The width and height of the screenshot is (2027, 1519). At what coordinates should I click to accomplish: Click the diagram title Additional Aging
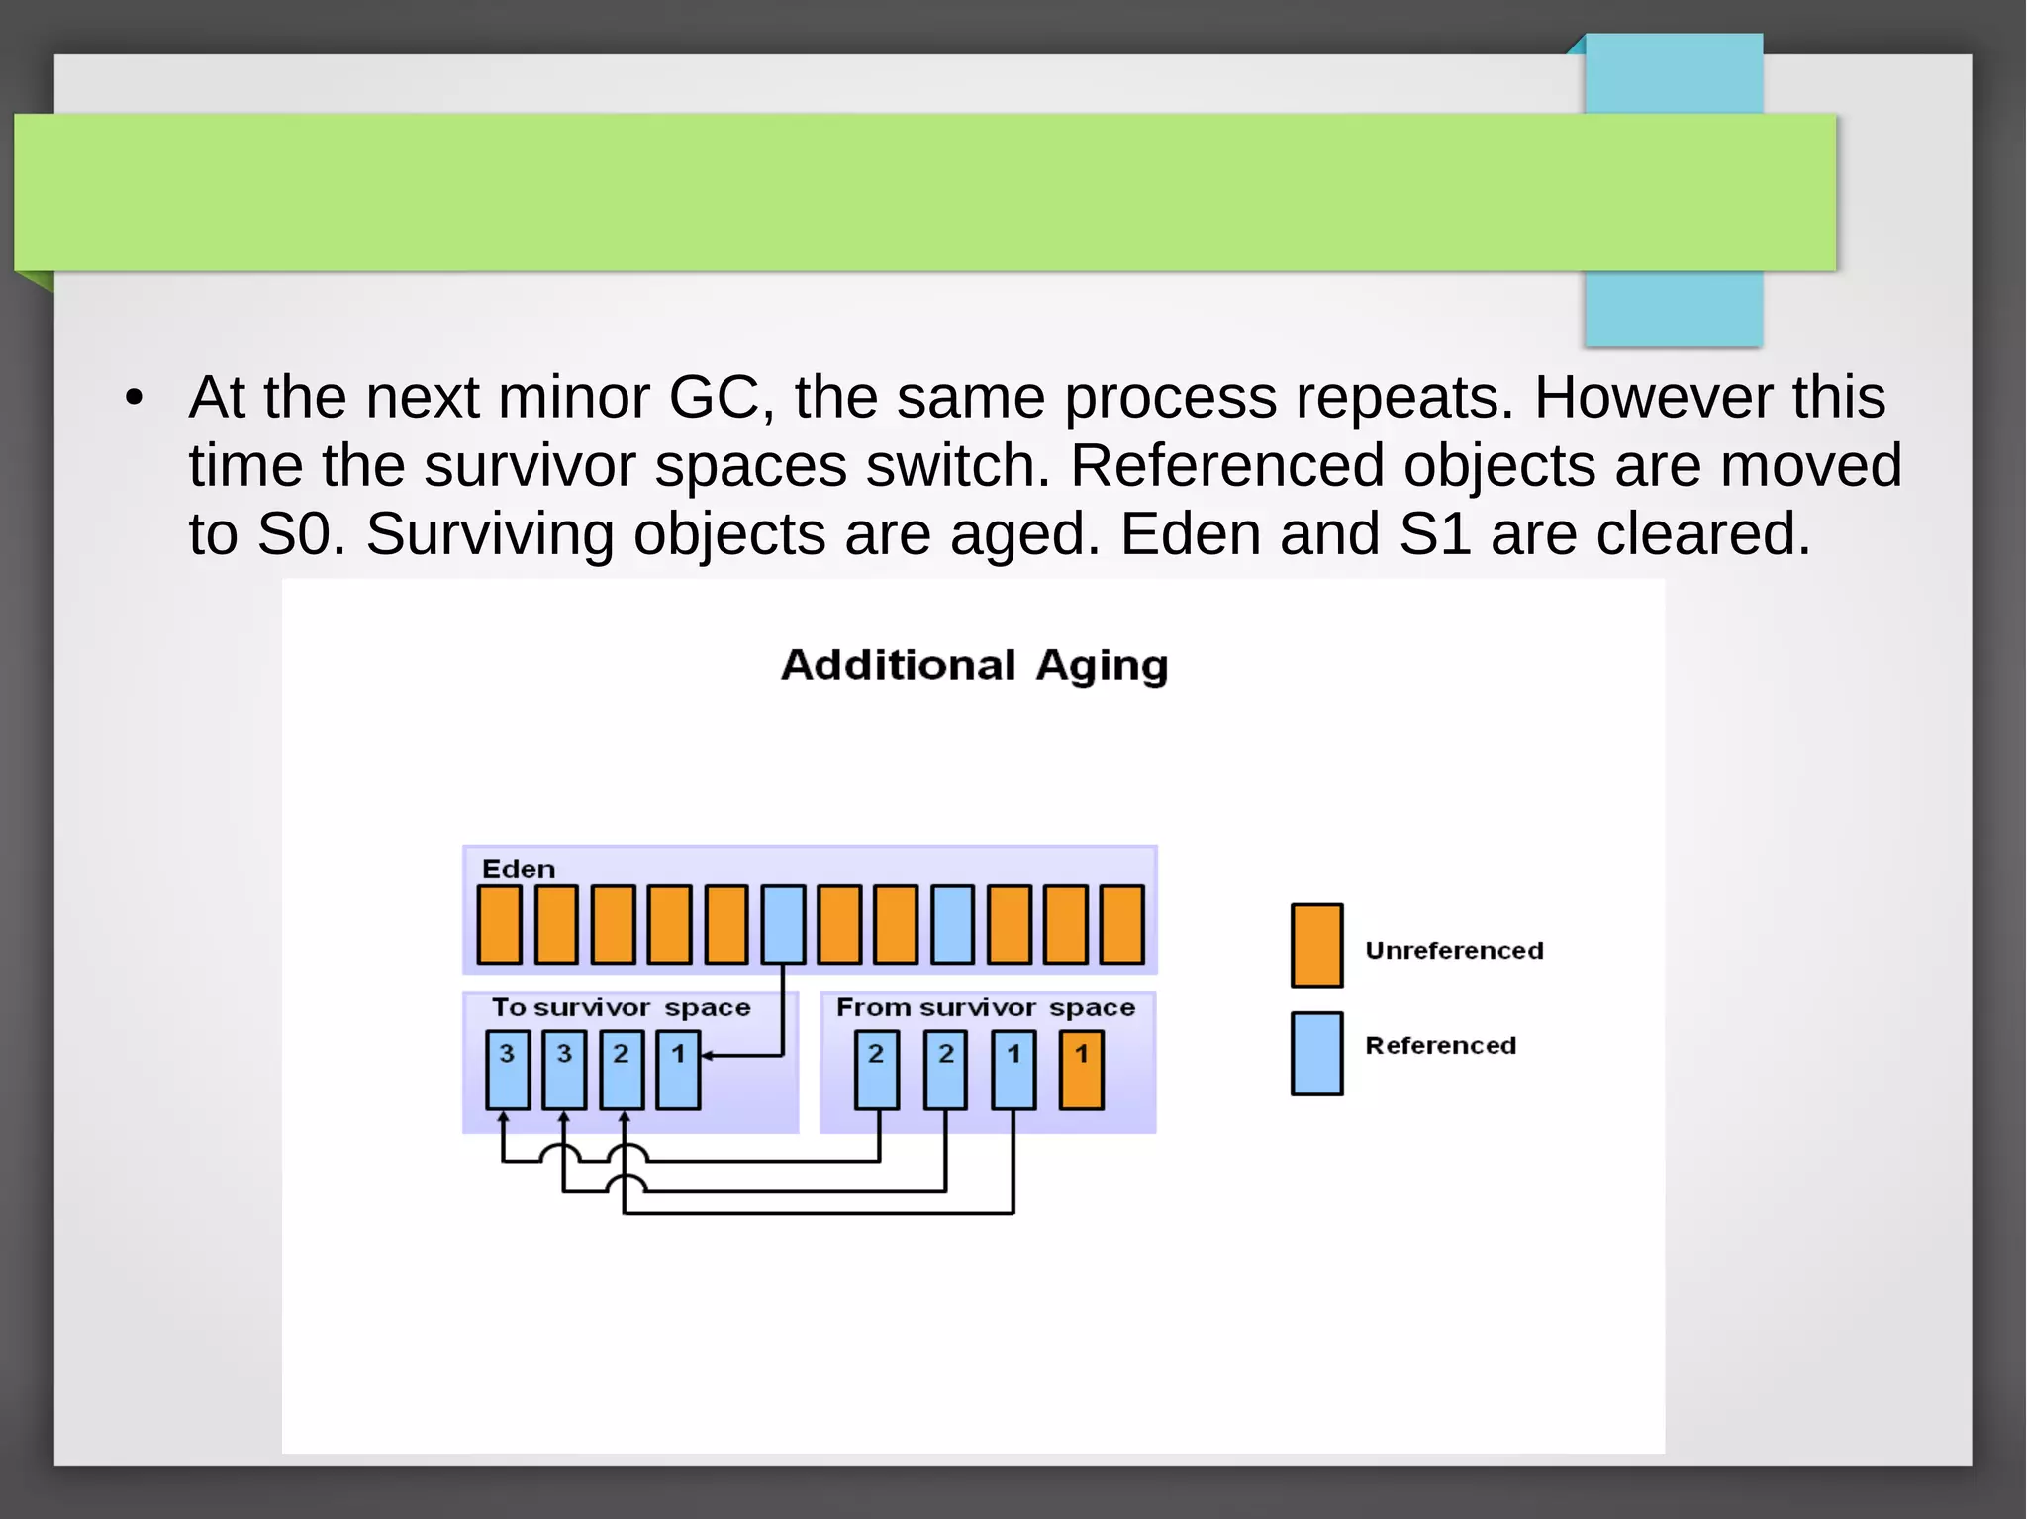[974, 665]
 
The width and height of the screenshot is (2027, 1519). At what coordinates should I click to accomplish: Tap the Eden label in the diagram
[518, 869]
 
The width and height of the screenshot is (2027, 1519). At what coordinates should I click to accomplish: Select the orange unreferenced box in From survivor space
[1081, 1070]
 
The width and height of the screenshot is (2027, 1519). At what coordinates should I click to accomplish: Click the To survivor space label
[621, 1007]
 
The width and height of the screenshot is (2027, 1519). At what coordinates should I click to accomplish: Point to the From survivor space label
[985, 1007]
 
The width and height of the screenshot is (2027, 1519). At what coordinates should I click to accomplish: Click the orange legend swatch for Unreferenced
[1316, 945]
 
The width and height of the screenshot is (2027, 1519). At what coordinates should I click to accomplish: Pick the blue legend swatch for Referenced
[1316, 1053]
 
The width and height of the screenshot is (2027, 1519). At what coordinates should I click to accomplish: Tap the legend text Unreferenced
[1453, 950]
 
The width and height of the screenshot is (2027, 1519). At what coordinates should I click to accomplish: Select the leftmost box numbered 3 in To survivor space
[507, 1070]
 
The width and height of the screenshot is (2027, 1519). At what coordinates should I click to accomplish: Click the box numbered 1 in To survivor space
[678, 1070]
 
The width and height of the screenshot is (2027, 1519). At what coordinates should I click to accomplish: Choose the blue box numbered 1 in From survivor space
[1013, 1070]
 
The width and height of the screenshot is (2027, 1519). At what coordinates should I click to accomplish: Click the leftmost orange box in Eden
[499, 924]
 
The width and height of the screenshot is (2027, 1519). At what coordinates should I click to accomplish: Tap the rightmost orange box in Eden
[1121, 924]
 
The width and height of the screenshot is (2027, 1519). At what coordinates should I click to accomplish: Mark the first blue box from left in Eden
[783, 924]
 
